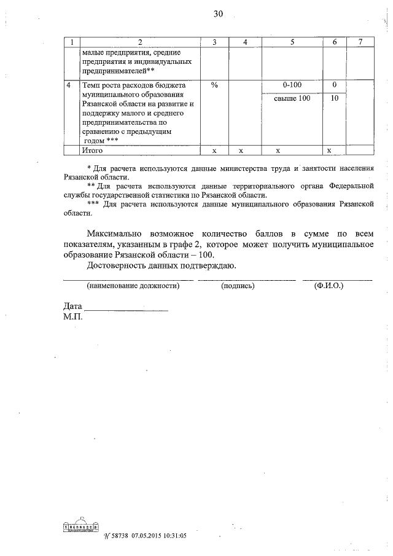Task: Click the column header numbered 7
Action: [360, 42]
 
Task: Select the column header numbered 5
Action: [292, 42]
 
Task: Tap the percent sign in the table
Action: [214, 85]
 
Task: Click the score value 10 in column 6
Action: [334, 98]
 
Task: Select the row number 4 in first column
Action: [69, 85]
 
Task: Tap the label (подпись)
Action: [238, 286]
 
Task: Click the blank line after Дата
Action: [126, 309]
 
